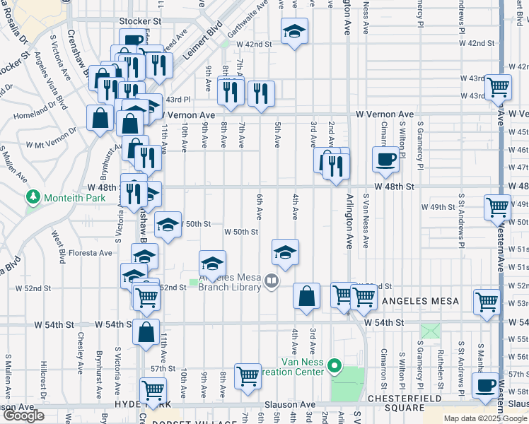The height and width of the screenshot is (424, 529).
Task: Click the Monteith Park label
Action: pyautogui.click(x=76, y=199)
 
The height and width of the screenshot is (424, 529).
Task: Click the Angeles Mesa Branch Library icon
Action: pyautogui.click(x=270, y=283)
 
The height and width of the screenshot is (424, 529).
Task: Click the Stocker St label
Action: pyautogui.click(x=140, y=22)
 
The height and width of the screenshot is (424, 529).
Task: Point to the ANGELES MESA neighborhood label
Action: pyautogui.click(x=420, y=301)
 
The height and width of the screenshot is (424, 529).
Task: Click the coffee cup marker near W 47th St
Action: pyautogui.click(x=385, y=158)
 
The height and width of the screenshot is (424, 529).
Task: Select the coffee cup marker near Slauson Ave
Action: pyautogui.click(x=485, y=385)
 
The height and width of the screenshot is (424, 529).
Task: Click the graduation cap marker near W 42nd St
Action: pyautogui.click(x=294, y=31)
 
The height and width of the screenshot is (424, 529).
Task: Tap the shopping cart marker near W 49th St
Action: pyautogui.click(x=497, y=207)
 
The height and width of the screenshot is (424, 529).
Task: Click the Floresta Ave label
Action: pyautogui.click(x=91, y=252)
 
